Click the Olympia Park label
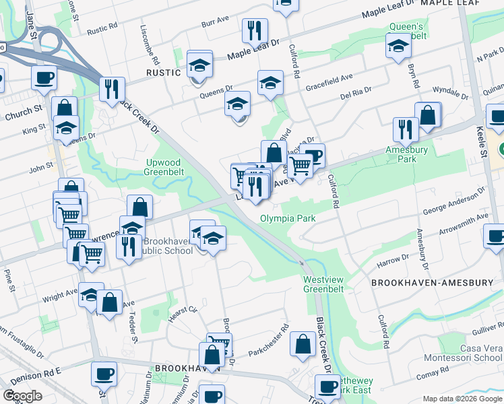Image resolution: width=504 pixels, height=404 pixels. [288, 218]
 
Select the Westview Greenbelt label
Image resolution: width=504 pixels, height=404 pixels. [323, 284]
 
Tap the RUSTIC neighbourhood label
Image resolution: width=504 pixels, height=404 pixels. [164, 72]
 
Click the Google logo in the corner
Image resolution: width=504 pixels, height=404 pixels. [22, 395]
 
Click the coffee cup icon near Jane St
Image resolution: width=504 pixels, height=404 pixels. [44, 77]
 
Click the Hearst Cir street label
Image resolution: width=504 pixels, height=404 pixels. [183, 310]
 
